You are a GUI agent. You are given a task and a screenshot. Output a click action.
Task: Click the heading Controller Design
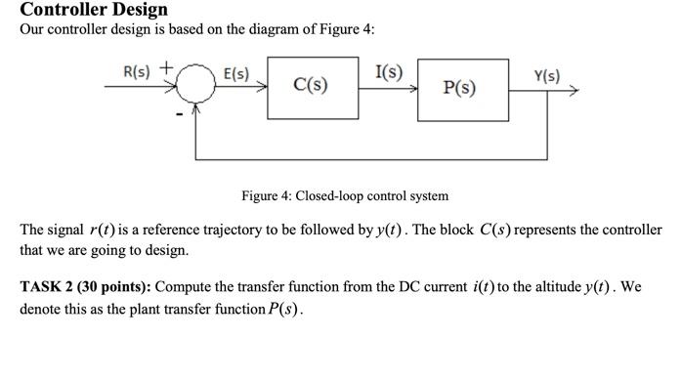pos(94,10)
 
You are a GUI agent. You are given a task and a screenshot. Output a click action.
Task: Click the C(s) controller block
pos(310,86)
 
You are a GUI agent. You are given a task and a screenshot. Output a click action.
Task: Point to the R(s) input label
pos(137,71)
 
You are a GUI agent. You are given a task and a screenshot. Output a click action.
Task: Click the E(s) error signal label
pos(236,73)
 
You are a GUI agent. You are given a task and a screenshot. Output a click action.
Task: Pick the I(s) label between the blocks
pos(388,70)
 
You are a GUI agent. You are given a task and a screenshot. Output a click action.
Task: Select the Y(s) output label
pos(546,75)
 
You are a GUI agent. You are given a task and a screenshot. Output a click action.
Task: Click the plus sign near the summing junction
pos(167,68)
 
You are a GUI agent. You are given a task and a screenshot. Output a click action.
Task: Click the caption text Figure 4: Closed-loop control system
pos(345,195)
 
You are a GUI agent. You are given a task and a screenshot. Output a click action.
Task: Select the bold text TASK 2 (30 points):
pos(85,288)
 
